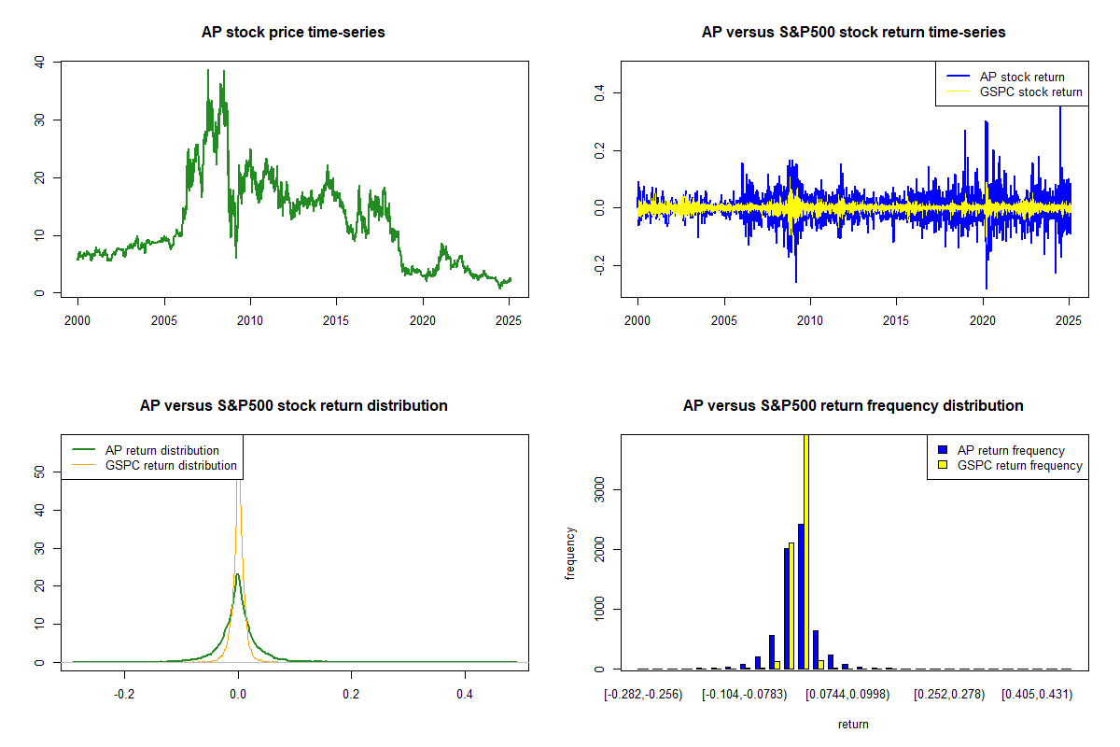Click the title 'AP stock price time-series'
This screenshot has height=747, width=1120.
point(293,33)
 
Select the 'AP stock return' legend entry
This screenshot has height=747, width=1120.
point(1005,78)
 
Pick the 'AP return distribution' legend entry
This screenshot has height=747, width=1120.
point(146,450)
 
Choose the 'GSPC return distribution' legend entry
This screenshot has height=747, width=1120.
point(155,465)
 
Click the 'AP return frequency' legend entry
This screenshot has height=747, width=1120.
point(1001,450)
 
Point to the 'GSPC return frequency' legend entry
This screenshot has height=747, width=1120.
point(1010,465)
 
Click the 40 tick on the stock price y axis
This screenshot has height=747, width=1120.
point(39,62)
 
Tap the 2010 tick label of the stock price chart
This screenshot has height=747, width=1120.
point(250,320)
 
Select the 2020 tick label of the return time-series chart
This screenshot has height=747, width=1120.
point(983,320)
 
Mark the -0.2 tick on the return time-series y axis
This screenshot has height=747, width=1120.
point(599,265)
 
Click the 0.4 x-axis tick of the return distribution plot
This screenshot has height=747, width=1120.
point(465,695)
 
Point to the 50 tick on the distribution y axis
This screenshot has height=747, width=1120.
point(39,472)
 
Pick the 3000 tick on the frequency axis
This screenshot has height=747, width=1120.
point(599,490)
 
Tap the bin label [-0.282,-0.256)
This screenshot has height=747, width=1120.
point(643,695)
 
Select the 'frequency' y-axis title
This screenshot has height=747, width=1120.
point(570,554)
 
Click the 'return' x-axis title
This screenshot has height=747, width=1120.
point(853,725)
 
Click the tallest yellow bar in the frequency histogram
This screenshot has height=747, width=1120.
point(806,552)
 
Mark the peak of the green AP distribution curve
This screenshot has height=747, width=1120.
point(237,574)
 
